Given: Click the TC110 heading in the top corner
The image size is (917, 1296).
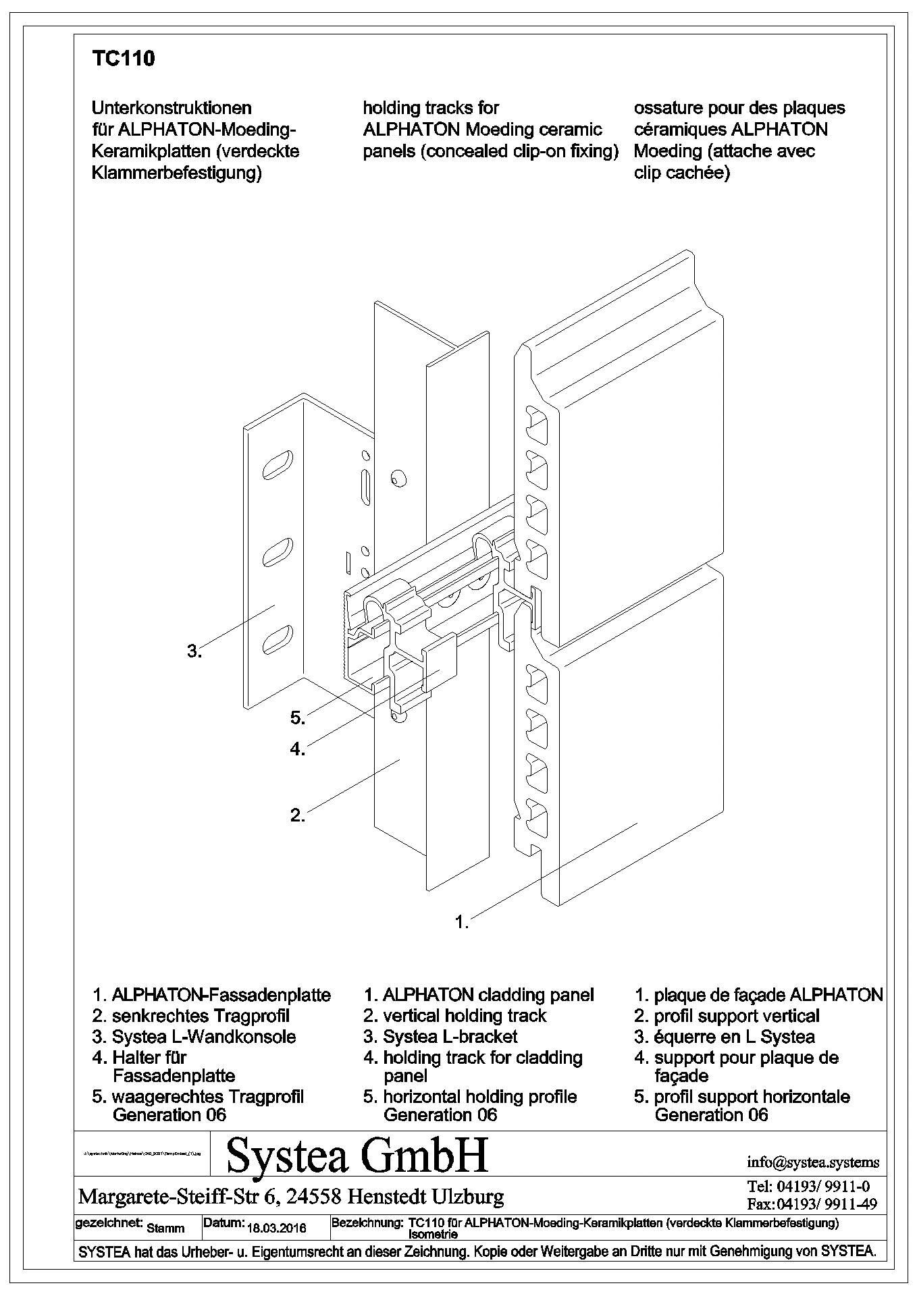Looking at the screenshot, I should (123, 59).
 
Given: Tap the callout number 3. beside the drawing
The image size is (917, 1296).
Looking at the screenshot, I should (194, 651).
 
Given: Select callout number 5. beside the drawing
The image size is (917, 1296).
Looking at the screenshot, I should (298, 718).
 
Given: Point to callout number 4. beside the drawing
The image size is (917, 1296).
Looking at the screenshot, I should (298, 749).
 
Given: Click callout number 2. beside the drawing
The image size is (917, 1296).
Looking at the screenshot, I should (298, 815).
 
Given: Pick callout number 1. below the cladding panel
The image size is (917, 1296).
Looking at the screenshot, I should (462, 922).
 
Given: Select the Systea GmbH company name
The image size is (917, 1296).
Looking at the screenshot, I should (357, 1156).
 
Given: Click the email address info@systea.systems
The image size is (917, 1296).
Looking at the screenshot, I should (813, 1162).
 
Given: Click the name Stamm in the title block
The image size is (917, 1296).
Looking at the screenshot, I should (165, 1228).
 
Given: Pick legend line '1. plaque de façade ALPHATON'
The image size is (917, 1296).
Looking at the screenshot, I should (758, 995).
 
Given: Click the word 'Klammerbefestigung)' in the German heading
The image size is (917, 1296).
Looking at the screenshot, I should (176, 173).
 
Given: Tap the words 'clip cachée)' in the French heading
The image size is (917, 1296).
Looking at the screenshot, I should (682, 173).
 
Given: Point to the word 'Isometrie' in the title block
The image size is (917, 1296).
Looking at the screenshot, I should (434, 1235).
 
